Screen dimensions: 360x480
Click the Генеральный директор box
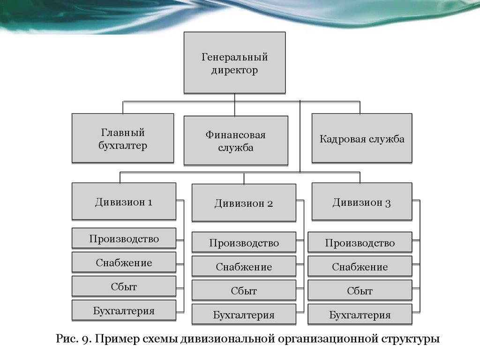coord(234,63)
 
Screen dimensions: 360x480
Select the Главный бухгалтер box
coord(123,138)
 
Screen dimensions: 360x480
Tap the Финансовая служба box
coord(236,141)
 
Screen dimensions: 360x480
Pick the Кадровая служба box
coord(362,138)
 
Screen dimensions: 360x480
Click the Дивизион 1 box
coord(124,202)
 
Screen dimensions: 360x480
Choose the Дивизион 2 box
coord(244,202)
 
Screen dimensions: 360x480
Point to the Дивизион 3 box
coord(362,202)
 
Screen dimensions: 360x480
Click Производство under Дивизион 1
coord(124,238)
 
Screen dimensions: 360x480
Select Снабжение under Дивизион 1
coord(124,262)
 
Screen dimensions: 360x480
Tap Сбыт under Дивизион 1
coord(124,286)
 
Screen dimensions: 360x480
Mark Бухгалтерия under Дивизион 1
coord(124,310)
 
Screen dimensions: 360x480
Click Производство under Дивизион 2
coord(244,242)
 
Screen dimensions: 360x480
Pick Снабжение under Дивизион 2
coord(244,266)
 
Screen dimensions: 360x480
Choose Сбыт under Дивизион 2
coord(244,291)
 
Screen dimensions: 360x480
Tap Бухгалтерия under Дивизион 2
coord(244,315)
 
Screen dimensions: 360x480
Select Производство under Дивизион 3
coord(360,242)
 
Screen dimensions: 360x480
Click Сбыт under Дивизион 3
coord(360,291)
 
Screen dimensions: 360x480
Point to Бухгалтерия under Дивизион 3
coord(360,315)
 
